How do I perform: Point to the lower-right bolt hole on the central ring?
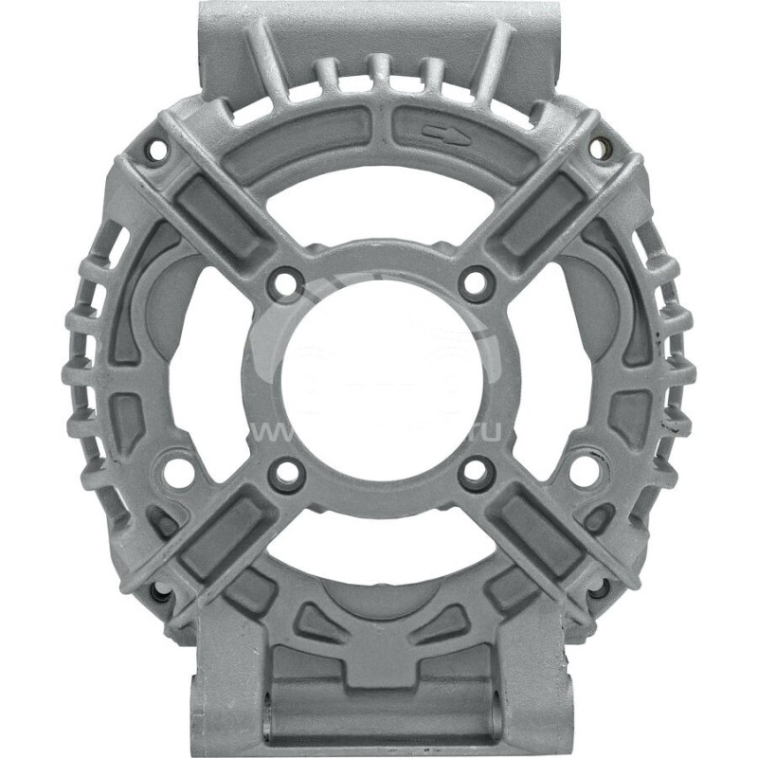[x=475, y=471]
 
